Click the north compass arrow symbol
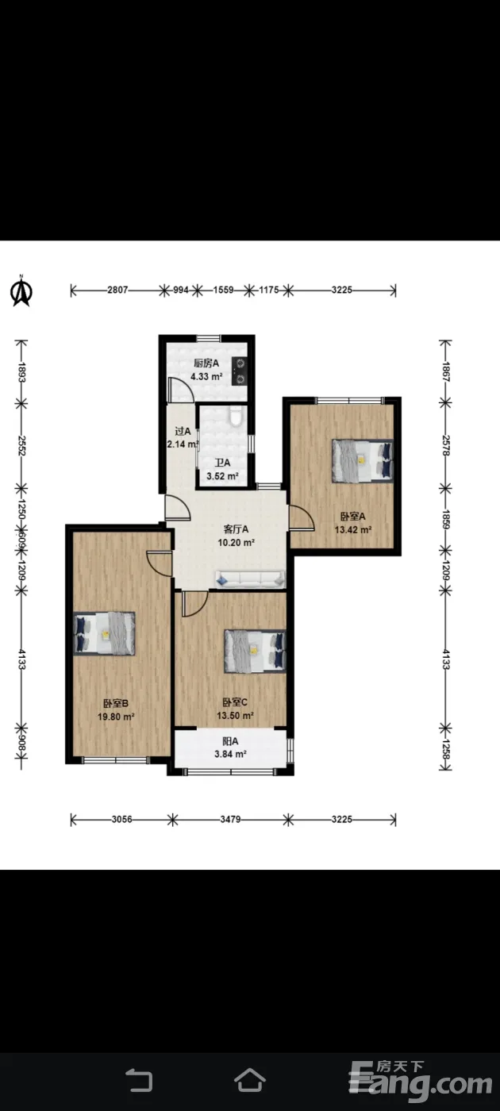tap(21, 291)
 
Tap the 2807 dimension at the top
tap(117, 290)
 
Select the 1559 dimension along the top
tap(223, 290)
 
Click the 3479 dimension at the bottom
tap(231, 819)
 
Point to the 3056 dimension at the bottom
tap(121, 819)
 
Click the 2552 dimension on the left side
tap(21, 446)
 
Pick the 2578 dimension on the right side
tap(445, 446)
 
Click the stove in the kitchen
tap(240, 371)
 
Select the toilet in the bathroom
tap(237, 416)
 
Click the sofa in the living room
tap(250, 579)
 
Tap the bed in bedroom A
tap(363, 460)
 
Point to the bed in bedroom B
tap(104, 634)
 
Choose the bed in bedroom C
tap(255, 652)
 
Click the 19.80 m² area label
tap(116, 717)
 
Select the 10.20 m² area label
tap(237, 543)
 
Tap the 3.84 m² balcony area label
tap(231, 755)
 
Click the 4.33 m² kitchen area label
tap(206, 376)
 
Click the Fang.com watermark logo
tap(420, 1081)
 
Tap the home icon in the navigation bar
tap(250, 1080)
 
